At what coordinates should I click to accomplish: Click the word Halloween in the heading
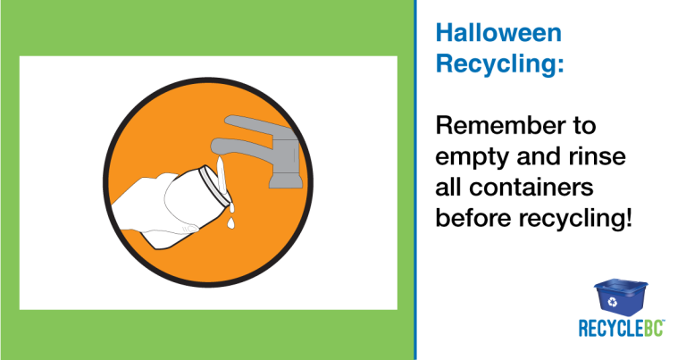tap(498, 33)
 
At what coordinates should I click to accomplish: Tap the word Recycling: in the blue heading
tap(499, 64)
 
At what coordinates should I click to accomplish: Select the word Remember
tap(500, 126)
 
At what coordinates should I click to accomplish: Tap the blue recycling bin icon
tap(621, 297)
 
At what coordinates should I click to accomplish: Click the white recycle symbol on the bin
tap(613, 301)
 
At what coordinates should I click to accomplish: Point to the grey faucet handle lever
tap(258, 124)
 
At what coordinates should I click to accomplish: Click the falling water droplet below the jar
tap(230, 223)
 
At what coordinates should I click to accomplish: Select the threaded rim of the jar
tap(214, 186)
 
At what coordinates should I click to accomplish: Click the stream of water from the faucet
tap(221, 176)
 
